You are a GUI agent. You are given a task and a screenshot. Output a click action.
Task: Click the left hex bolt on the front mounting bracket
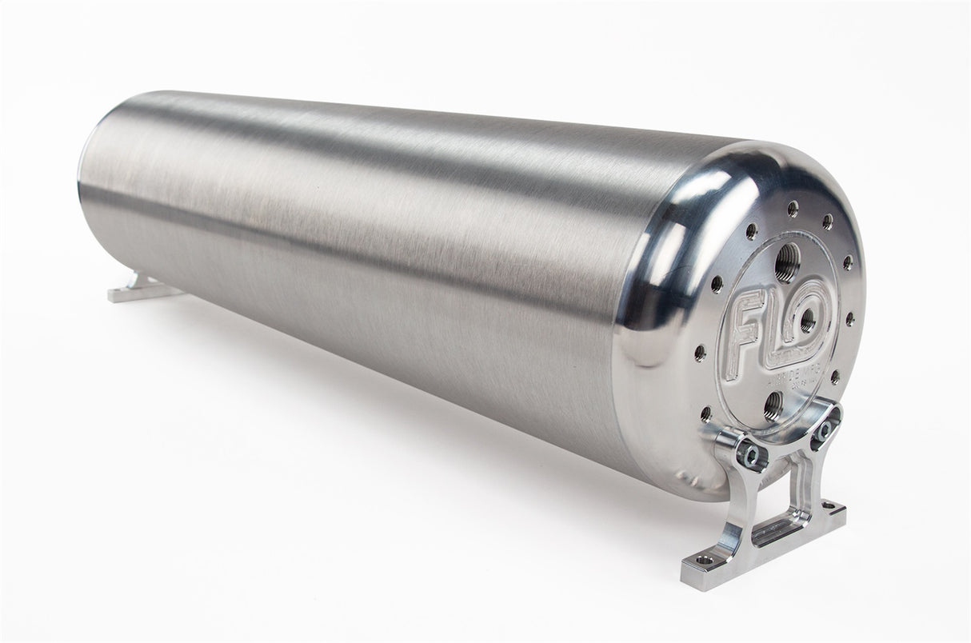point(753,456)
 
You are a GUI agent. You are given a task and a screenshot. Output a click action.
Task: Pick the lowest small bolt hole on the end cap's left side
point(705,413)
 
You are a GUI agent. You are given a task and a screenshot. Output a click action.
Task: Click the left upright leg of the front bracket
point(741,496)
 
